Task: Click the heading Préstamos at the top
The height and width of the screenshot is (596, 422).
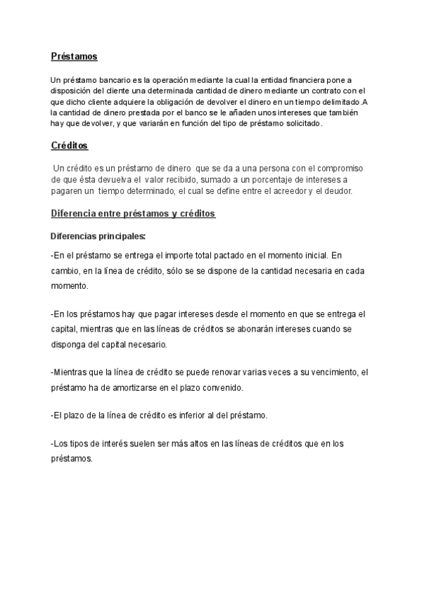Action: [74, 56]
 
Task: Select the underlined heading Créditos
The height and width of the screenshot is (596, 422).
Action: [70, 146]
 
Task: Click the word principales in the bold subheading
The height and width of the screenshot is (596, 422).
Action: [120, 235]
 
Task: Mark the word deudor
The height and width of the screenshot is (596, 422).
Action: [336, 191]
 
